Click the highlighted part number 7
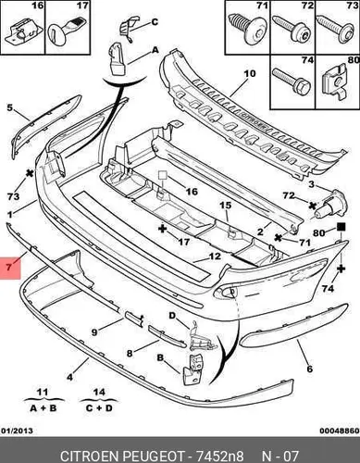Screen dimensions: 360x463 pyautogui.click(x=9, y=267)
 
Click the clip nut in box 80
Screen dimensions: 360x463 pyautogui.click(x=337, y=81)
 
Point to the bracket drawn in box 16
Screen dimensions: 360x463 pyautogui.click(x=23, y=31)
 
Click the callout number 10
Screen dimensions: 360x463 pyautogui.click(x=250, y=74)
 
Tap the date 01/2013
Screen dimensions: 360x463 pyautogui.click(x=18, y=431)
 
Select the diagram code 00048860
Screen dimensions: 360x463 pyautogui.click(x=340, y=431)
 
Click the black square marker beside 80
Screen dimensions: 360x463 pyautogui.click(x=341, y=228)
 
